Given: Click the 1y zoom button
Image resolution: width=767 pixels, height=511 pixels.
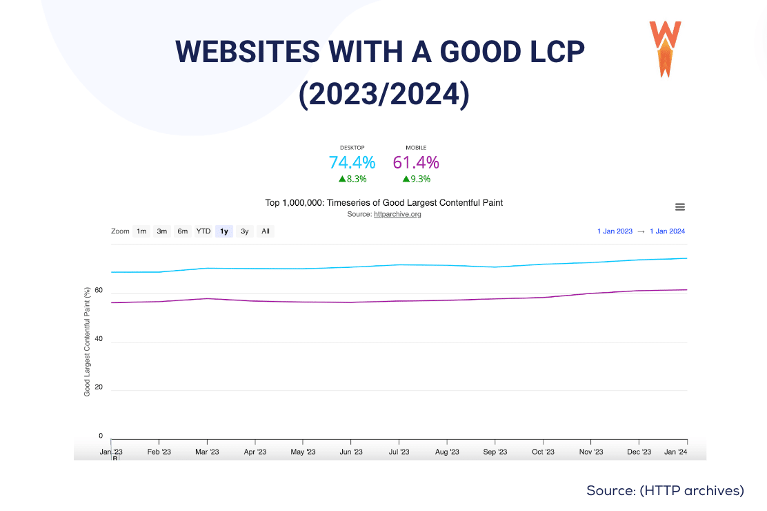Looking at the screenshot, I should pos(223,231).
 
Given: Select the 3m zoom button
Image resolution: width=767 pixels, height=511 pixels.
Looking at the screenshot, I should pos(162,231).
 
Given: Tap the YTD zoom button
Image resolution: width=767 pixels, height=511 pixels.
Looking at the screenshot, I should pos(203,231).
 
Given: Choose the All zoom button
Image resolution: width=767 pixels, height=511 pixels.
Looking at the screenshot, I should pos(266,231).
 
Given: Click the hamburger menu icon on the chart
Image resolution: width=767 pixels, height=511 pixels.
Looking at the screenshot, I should pos(679,207).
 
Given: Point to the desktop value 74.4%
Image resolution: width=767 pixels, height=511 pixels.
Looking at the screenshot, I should pos(352,163).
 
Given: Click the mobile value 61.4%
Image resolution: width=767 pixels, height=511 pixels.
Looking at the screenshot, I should pos(416,163).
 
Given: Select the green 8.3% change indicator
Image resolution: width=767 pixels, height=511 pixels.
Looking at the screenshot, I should pos(352,179).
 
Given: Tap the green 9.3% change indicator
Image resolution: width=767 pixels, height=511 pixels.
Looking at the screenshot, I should pos(417,179).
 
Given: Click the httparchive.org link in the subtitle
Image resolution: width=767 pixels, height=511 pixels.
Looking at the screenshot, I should pos(397,214).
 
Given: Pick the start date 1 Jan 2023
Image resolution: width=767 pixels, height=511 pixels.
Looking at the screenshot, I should pos(615,231).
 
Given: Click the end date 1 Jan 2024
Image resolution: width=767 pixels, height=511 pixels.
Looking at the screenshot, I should pos(667,231).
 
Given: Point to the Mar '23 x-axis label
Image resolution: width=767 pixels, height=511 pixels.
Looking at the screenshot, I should pos(207,452).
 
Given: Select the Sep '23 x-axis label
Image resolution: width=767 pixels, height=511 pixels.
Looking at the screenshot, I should pos(495,452).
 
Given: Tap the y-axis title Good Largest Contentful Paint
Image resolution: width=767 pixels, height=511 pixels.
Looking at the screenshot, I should pos(88,342).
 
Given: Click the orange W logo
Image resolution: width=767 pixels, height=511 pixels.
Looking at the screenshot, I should pos(665,48).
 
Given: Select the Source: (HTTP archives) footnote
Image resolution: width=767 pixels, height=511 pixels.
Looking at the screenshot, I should pos(665,490).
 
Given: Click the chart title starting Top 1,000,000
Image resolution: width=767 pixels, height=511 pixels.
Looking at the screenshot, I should pos(384,202).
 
